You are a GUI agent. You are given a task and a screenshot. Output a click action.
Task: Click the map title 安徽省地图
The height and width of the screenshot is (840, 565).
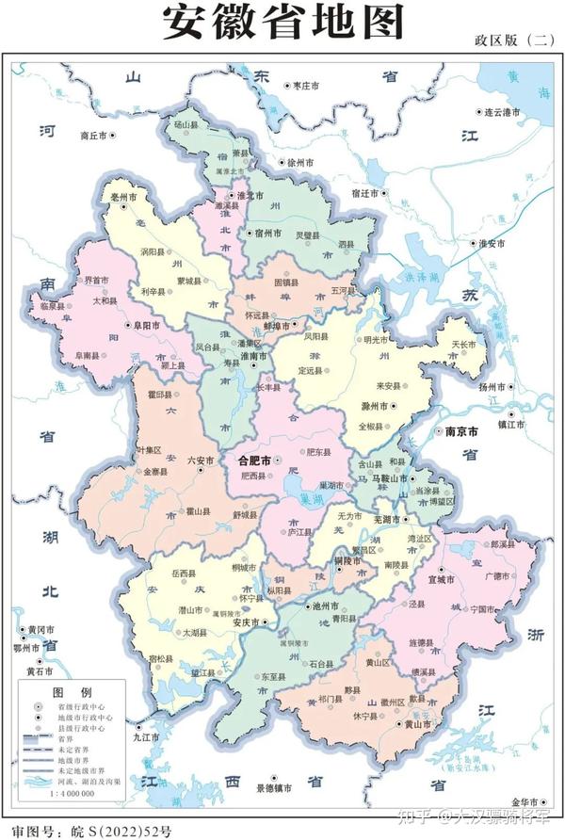click(282, 23)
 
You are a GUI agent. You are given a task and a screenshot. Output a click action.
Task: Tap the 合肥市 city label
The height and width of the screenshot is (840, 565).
click(254, 461)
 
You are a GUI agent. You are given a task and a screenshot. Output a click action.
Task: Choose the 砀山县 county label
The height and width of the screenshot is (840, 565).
click(185, 124)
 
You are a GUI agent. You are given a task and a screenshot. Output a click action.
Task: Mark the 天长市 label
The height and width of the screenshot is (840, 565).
click(462, 345)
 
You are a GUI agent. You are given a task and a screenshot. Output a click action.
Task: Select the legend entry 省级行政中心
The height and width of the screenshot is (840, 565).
click(86, 705)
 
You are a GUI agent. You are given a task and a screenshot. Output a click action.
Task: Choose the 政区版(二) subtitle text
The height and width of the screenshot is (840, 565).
click(514, 40)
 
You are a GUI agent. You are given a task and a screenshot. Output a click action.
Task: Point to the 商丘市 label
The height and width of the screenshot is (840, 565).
click(95, 136)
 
